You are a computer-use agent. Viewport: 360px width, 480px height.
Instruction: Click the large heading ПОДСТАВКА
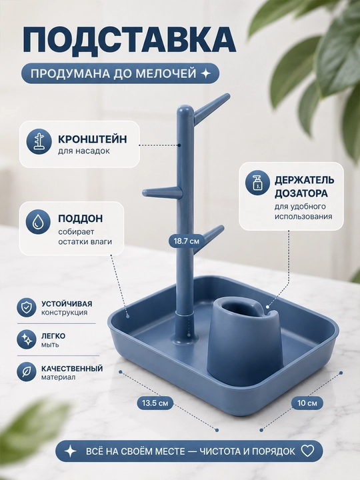click(129, 41)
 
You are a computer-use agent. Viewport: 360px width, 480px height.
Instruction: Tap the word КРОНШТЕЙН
click(93, 139)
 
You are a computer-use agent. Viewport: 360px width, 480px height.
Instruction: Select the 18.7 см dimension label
click(187, 241)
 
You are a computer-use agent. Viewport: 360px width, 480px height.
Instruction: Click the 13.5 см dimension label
click(155, 403)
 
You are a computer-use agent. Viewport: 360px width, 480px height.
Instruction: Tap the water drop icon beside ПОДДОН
click(38, 221)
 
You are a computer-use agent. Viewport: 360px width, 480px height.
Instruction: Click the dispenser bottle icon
click(257, 183)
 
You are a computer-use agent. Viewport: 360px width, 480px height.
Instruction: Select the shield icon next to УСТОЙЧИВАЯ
click(27, 307)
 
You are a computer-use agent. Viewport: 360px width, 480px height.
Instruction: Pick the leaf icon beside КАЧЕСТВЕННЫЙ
click(27, 372)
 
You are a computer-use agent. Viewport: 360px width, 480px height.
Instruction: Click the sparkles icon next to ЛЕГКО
click(27, 339)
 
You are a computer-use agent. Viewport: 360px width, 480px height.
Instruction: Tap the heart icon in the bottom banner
click(307, 451)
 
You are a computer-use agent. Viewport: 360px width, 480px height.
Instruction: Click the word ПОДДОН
click(81, 219)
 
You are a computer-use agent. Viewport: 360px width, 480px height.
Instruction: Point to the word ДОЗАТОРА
click(297, 193)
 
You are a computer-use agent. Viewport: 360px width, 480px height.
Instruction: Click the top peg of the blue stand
click(212, 107)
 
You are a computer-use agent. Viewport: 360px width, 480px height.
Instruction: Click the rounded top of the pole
click(186, 110)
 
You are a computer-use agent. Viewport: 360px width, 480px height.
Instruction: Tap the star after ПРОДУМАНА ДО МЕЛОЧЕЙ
click(206, 73)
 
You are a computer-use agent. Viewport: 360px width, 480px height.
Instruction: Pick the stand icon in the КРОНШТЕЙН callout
click(38, 141)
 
